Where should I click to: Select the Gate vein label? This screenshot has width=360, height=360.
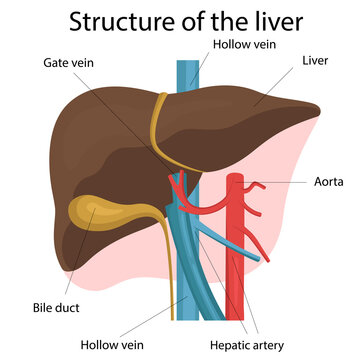[x=67, y=61]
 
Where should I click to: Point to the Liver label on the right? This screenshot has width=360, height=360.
[x=315, y=61]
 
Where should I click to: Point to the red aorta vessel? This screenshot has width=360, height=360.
[x=237, y=240]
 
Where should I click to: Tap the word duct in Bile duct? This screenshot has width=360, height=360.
[x=70, y=308]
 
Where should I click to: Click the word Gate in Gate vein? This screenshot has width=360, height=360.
[x=55, y=61]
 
